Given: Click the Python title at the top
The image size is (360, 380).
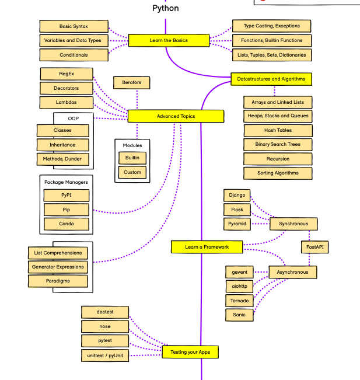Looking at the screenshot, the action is pyautogui.click(x=166, y=8).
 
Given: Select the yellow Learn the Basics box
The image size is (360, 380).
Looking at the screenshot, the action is pyautogui.click(x=169, y=40).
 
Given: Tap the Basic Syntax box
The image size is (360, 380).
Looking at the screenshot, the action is pyautogui.click(x=74, y=26).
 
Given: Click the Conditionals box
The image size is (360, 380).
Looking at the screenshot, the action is pyautogui.click(x=74, y=55).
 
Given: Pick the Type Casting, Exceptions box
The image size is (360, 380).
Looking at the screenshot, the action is pyautogui.click(x=271, y=26).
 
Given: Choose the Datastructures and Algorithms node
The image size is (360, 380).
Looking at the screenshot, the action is pyautogui.click(x=271, y=79).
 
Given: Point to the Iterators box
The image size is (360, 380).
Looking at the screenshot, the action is pyautogui.click(x=131, y=83).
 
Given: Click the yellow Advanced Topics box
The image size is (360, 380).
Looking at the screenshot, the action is pyautogui.click(x=176, y=116).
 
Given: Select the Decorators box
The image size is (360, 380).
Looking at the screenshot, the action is pyautogui.click(x=67, y=88).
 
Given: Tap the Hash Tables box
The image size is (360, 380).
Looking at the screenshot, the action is pyautogui.click(x=278, y=131).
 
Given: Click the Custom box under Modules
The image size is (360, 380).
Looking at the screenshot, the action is pyautogui.click(x=132, y=172).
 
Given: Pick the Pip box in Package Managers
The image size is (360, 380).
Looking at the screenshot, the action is pyautogui.click(x=67, y=210).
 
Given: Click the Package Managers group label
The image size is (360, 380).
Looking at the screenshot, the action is pyautogui.click(x=66, y=182).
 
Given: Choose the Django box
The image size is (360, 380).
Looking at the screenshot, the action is pyautogui.click(x=237, y=196).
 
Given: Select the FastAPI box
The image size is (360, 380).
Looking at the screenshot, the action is pyautogui.click(x=314, y=247).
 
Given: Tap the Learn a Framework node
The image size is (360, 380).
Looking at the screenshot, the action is pyautogui.click(x=207, y=247).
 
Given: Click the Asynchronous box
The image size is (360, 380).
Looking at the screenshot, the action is pyautogui.click(x=293, y=272).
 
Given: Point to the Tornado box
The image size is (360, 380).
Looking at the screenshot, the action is pyautogui.click(x=239, y=301).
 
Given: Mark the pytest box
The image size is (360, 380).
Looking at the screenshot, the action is pyautogui.click(x=105, y=341).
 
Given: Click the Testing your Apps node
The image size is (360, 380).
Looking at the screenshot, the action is pyautogui.click(x=190, y=352).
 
